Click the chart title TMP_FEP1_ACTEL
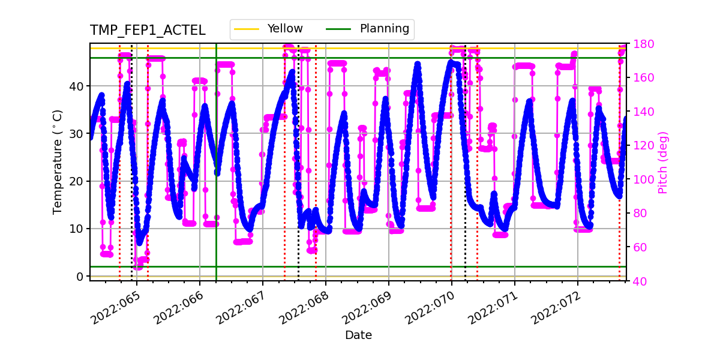(x=148, y=31)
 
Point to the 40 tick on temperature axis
(x=77, y=86)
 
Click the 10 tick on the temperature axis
(x=77, y=229)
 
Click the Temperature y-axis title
(x=58, y=161)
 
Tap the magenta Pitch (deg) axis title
(x=662, y=162)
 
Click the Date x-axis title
(x=358, y=335)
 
